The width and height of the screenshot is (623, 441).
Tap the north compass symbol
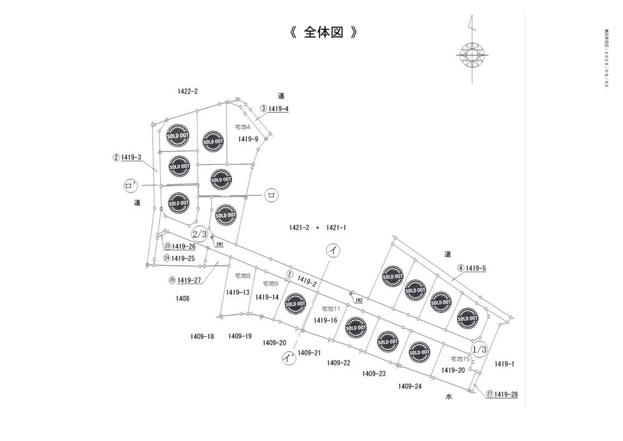(x=473, y=54)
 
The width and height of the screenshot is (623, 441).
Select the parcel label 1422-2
(x=187, y=91)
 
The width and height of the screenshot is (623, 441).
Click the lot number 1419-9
(x=248, y=139)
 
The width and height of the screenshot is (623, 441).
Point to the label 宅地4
(x=242, y=127)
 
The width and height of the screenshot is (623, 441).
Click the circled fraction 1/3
(x=480, y=350)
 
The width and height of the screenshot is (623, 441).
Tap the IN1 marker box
(x=220, y=244)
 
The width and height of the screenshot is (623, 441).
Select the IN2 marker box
(x=359, y=301)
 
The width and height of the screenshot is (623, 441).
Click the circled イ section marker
(x=333, y=251)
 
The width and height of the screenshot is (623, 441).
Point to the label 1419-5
(x=475, y=268)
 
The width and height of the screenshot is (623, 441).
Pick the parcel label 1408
(x=182, y=298)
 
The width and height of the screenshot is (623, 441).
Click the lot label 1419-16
(x=326, y=320)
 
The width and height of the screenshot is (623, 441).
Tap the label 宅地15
(x=460, y=359)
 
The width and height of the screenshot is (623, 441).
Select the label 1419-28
(x=506, y=394)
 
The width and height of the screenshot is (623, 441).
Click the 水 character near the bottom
(x=448, y=396)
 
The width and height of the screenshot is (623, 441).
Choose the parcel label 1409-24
(x=410, y=386)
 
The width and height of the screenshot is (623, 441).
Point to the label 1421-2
(x=299, y=228)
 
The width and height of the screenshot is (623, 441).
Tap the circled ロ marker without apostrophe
(x=271, y=195)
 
